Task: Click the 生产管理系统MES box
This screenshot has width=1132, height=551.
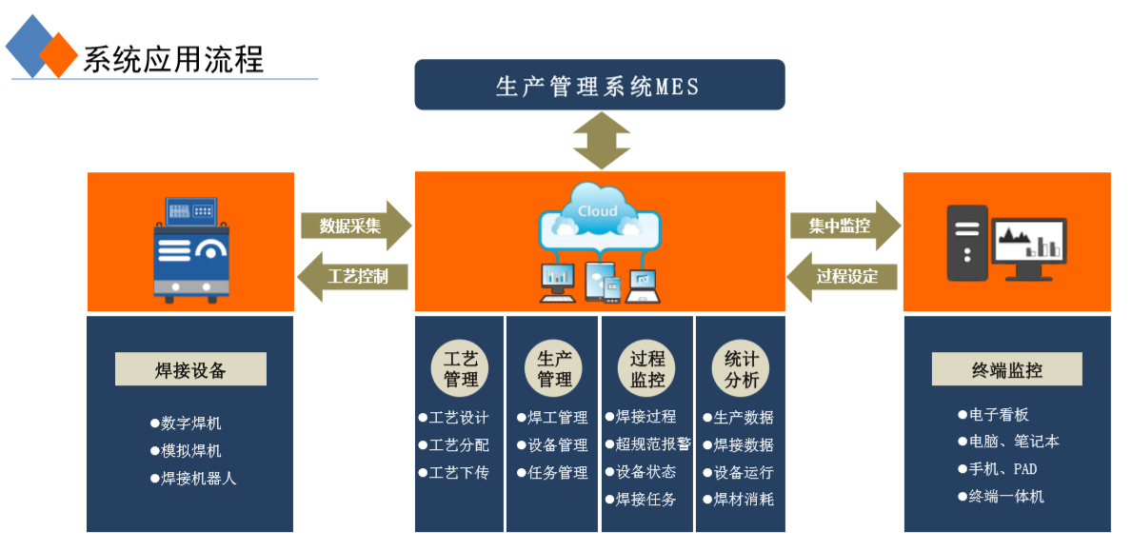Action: click(x=599, y=86)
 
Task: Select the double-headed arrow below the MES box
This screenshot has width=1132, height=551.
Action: click(x=602, y=141)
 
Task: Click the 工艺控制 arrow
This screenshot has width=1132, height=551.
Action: click(x=354, y=277)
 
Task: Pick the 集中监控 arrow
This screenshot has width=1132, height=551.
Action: click(x=844, y=226)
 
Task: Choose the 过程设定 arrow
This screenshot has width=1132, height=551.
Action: click(x=844, y=277)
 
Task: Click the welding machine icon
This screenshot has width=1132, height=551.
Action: click(x=191, y=249)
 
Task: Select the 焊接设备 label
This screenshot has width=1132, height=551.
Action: click(x=190, y=369)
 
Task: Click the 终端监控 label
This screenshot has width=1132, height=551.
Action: click(x=1006, y=369)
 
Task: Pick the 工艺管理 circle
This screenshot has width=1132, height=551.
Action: click(x=461, y=369)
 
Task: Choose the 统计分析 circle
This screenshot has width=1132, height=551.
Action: click(x=742, y=369)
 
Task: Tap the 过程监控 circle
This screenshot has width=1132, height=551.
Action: click(x=647, y=369)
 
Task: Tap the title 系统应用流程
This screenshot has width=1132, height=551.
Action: click(x=172, y=59)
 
